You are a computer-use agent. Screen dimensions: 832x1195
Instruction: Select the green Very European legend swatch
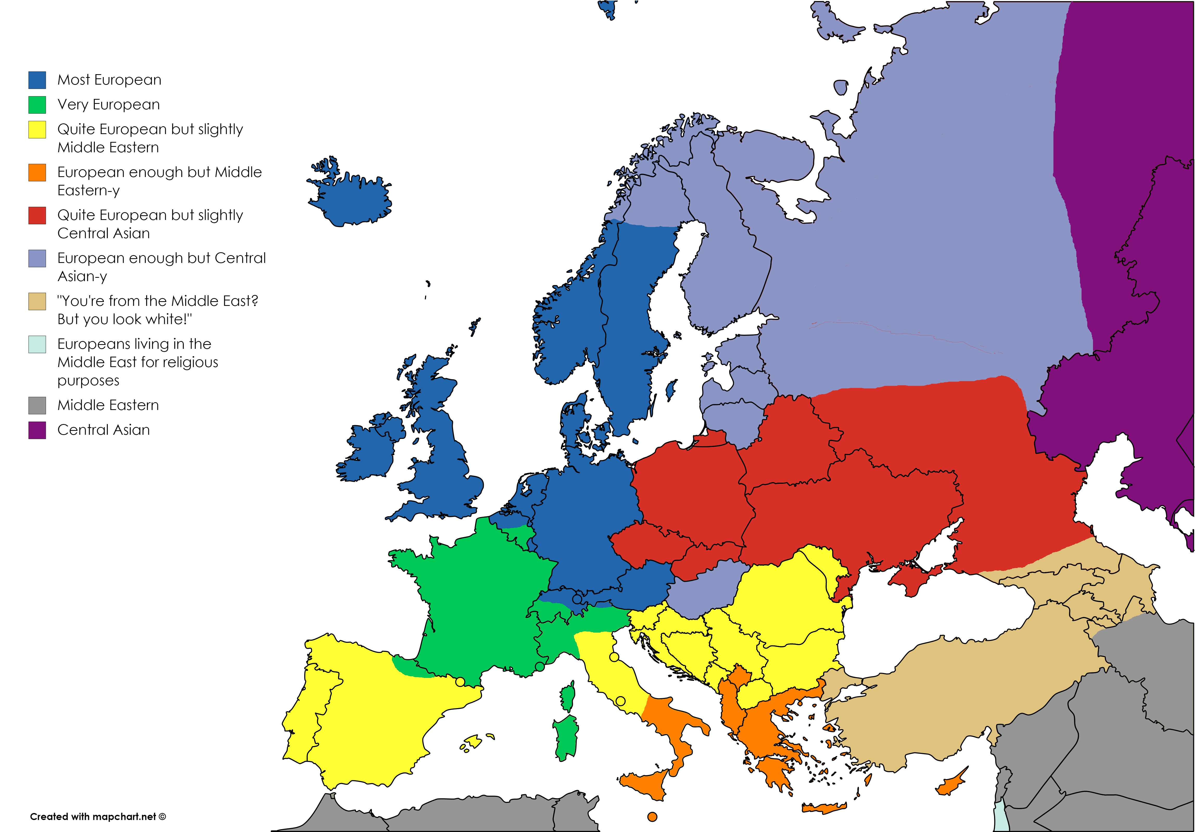pyautogui.click(x=37, y=105)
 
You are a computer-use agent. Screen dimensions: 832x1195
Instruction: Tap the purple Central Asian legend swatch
pyautogui.click(x=37, y=430)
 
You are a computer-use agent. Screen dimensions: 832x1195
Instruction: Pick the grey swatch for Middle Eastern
pyautogui.click(x=37, y=405)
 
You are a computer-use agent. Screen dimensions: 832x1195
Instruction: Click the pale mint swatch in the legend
pyautogui.click(x=37, y=344)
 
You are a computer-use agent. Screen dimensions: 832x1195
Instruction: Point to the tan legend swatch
pyautogui.click(x=37, y=301)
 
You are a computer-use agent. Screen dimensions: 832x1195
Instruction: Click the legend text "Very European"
pyautogui.click(x=108, y=105)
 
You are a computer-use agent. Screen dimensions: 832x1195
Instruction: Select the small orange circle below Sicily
pyautogui.click(x=652, y=817)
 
